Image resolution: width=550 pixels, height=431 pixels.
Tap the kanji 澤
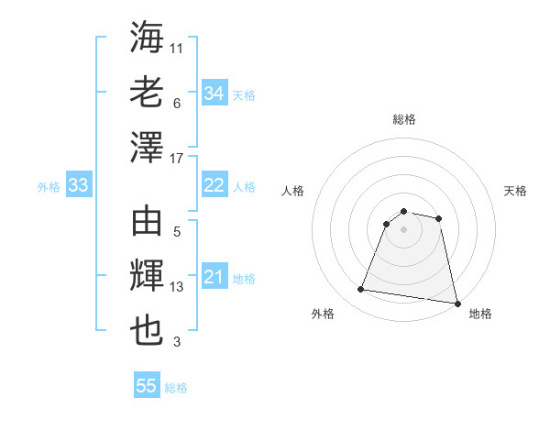(x=148, y=148)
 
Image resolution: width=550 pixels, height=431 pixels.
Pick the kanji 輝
(x=148, y=277)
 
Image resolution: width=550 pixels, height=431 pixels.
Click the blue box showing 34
(x=214, y=93)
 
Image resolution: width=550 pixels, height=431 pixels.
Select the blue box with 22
(x=214, y=185)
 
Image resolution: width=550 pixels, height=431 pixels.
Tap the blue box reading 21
(x=214, y=277)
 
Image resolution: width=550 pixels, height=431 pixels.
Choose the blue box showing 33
(x=78, y=186)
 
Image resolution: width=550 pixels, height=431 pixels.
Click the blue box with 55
(x=147, y=386)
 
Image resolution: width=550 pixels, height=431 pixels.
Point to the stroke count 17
(x=177, y=159)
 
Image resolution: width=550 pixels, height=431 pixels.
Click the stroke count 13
(x=177, y=288)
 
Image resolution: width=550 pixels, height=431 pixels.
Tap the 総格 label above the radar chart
(x=403, y=119)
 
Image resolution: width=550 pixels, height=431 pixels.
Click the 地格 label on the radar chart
(x=480, y=314)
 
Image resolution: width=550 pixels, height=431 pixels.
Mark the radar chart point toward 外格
(x=361, y=290)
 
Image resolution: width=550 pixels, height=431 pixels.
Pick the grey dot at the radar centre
(x=403, y=229)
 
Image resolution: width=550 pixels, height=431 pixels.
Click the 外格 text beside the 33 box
(x=49, y=187)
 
